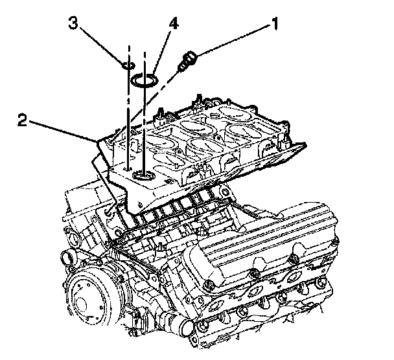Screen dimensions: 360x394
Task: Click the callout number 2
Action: [23, 120]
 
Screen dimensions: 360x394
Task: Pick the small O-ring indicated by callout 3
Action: [128, 65]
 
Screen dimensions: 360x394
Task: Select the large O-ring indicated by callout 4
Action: [143, 80]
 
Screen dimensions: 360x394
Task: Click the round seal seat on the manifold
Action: [142, 175]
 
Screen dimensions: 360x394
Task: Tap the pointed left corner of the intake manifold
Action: [99, 142]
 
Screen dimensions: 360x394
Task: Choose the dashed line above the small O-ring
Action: [128, 52]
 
